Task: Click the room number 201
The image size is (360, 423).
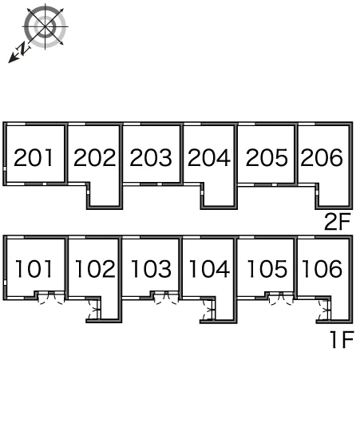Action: (x=34, y=158)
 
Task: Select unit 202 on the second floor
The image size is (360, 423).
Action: (x=95, y=157)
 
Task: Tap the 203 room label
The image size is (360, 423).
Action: (x=151, y=157)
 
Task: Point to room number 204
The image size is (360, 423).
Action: (x=209, y=157)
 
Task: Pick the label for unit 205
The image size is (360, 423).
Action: (x=267, y=157)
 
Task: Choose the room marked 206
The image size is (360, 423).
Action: (x=322, y=157)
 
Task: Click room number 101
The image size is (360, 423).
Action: (x=34, y=269)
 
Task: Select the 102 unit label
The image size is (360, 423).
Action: (x=95, y=269)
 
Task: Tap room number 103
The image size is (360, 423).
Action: (x=151, y=269)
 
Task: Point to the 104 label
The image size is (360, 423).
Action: (x=209, y=269)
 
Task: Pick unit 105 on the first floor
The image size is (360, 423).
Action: (x=267, y=269)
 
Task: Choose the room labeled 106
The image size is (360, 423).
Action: (x=322, y=269)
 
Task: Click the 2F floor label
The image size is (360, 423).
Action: (x=338, y=222)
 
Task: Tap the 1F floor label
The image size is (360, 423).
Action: (x=342, y=340)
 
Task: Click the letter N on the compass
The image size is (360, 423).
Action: (x=23, y=49)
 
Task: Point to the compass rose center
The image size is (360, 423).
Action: (x=45, y=26)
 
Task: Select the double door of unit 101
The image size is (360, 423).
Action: (x=51, y=298)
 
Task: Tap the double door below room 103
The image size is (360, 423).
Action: (x=167, y=298)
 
